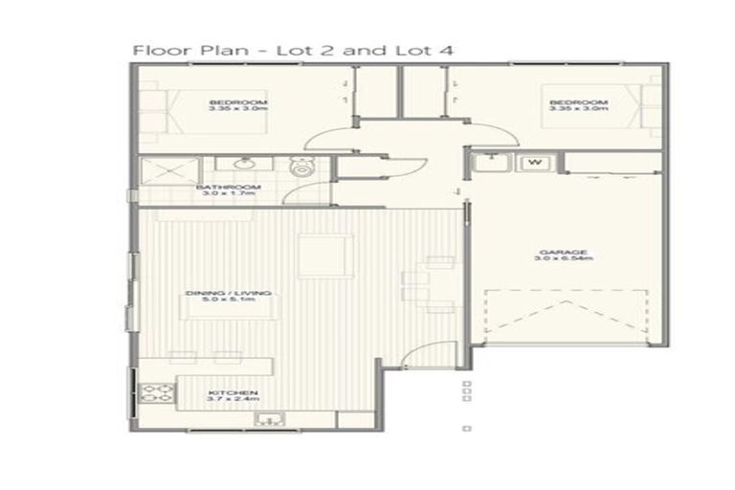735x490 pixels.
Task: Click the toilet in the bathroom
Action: tap(301, 168)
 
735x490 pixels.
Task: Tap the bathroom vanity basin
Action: tap(232, 163)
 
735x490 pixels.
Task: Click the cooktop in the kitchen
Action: tap(155, 393)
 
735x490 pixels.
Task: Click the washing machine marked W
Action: tap(534, 162)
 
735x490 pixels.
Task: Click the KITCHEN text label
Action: tap(229, 392)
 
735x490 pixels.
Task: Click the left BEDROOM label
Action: tap(238, 102)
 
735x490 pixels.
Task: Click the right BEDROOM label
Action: tap(577, 102)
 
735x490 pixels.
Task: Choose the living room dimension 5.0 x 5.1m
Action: tap(227, 300)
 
